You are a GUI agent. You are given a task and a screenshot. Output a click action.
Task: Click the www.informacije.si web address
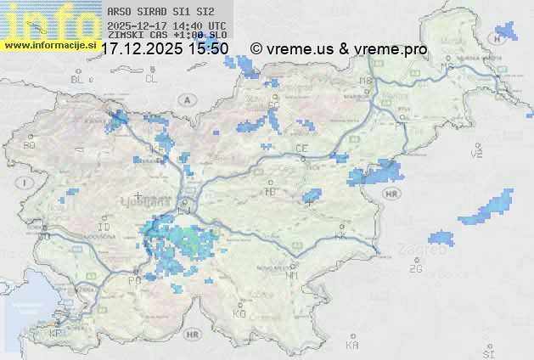pyautogui.click(x=50, y=44)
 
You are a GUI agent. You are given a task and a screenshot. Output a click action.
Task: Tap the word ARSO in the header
pyautogui.click(x=118, y=13)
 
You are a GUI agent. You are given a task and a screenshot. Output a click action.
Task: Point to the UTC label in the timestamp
pyautogui.click(x=216, y=25)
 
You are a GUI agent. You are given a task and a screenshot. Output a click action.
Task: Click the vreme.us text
pyautogui.click(x=298, y=49)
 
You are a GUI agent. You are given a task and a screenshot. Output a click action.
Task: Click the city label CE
pyautogui.click(x=301, y=149)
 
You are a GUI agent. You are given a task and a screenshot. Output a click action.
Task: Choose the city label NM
pyautogui.click(x=292, y=275)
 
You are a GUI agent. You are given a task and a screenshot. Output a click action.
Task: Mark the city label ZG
pyautogui.click(x=415, y=269)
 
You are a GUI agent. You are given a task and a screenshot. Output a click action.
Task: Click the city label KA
pyautogui.click(x=352, y=346)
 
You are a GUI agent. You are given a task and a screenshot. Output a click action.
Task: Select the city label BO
pyautogui.click(x=30, y=145)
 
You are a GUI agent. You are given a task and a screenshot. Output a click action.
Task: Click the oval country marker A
pyautogui.click(x=186, y=99)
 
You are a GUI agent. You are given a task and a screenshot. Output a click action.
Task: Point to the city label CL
pyautogui.click(x=152, y=79)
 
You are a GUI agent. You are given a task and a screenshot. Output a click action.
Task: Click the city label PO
pyautogui.click(x=134, y=280)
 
